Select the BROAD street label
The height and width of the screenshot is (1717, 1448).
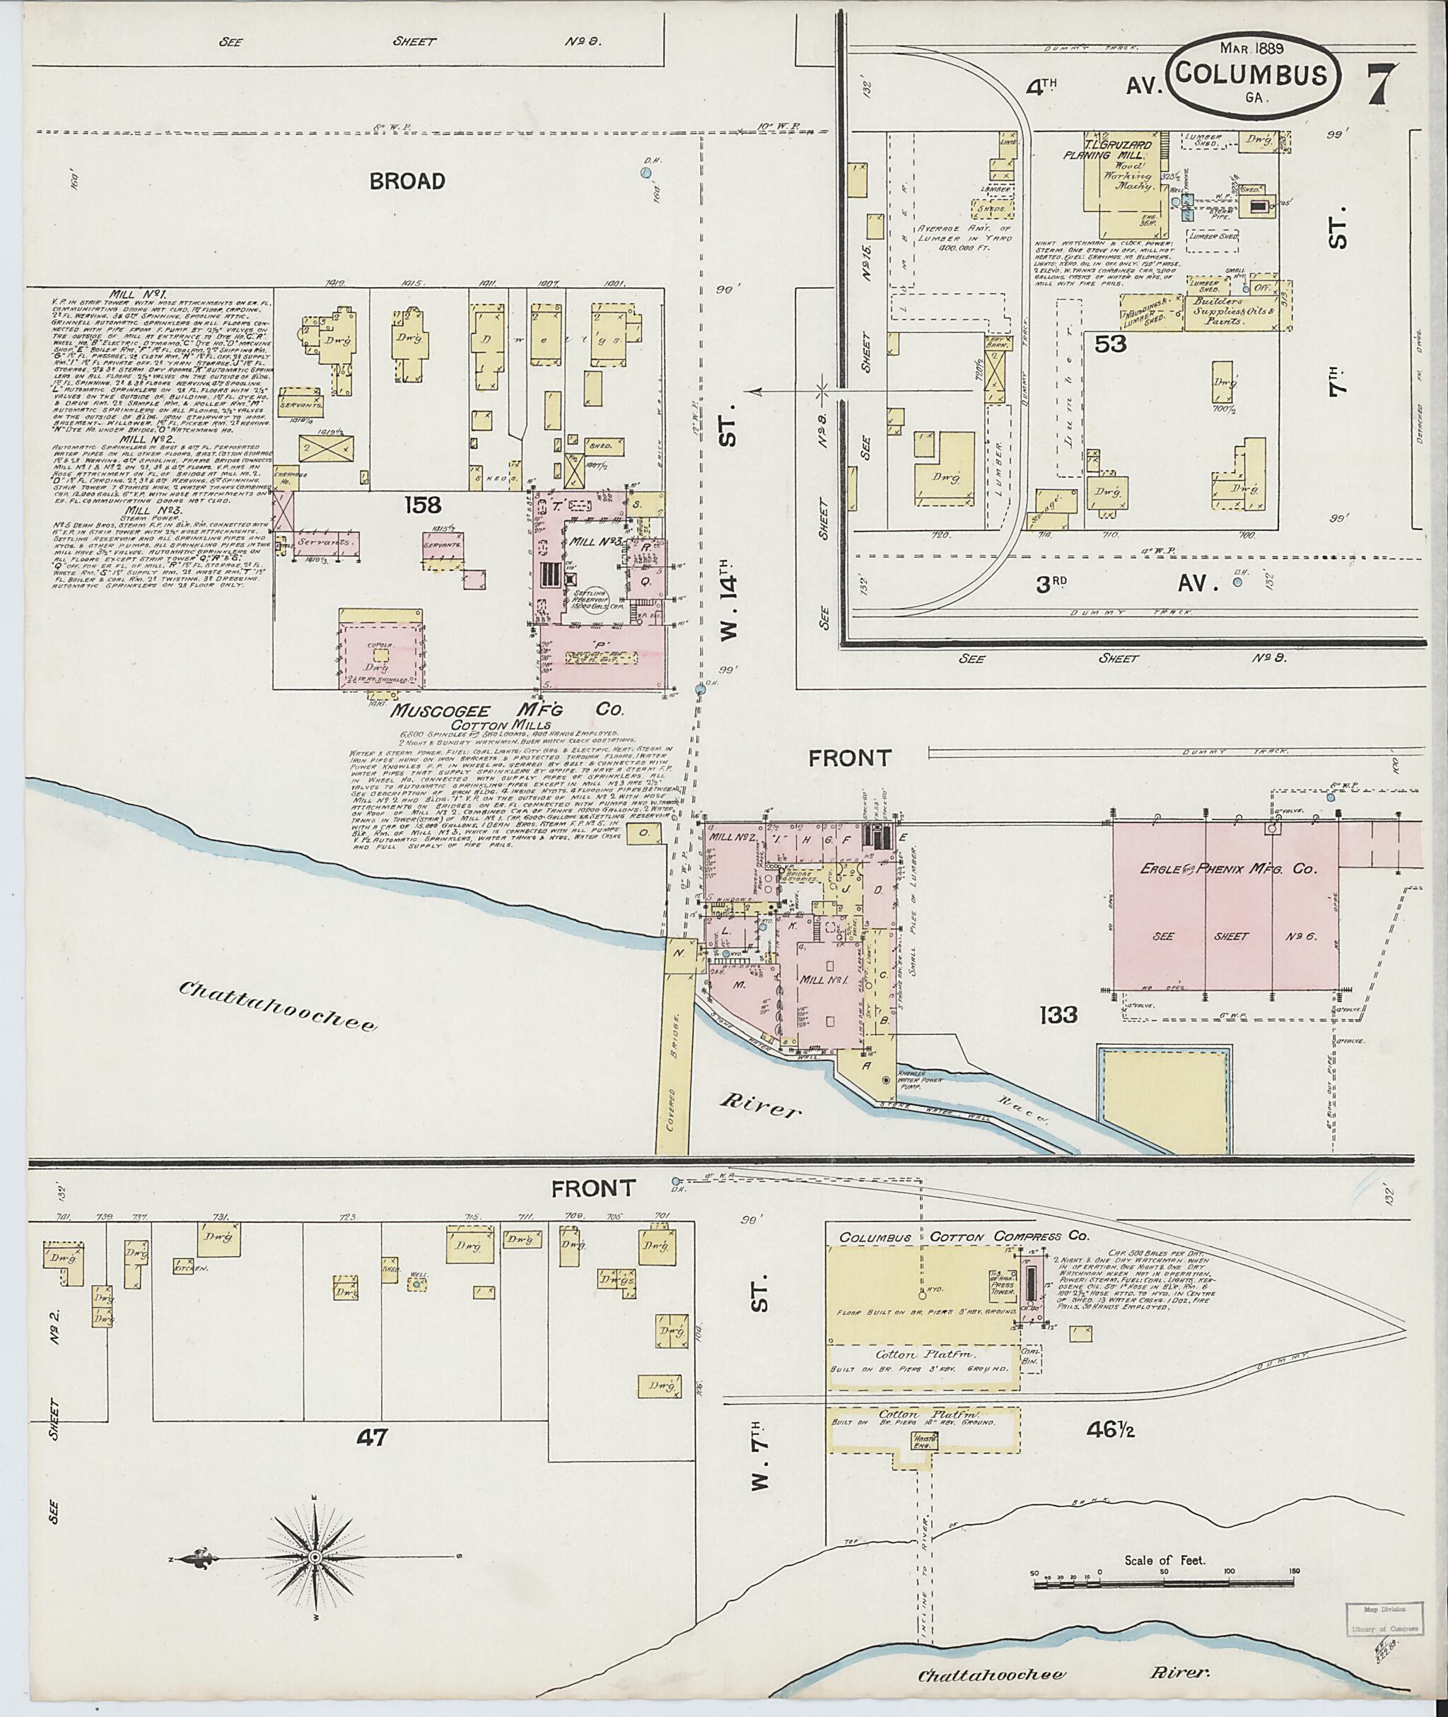point(407,182)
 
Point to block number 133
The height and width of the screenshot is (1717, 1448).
point(1056,1016)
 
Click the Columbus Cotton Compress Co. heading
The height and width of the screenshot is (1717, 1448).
point(963,1237)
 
